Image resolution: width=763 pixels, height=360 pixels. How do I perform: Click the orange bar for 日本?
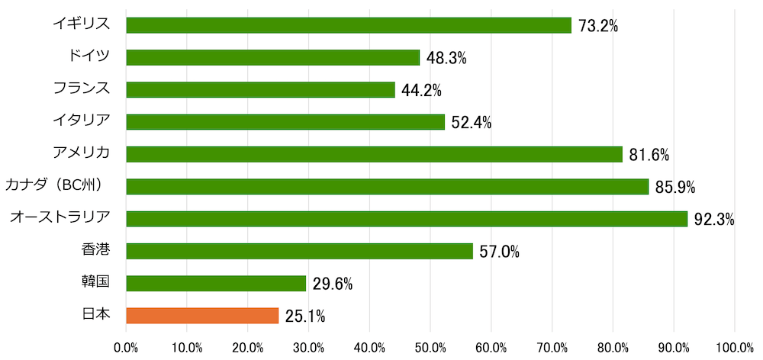(202, 315)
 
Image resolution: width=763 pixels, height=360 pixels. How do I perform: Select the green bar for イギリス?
(349, 25)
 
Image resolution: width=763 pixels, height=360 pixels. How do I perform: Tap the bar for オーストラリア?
(407, 219)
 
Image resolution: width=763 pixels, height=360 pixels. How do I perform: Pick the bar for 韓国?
(216, 284)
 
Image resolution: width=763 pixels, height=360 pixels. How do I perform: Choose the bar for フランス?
(260, 90)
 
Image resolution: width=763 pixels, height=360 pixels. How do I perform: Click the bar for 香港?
(299, 251)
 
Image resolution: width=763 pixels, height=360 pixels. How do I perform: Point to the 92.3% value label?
(714, 220)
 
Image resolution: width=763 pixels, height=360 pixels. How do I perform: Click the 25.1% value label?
(306, 316)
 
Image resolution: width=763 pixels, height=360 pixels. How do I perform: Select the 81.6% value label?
(649, 155)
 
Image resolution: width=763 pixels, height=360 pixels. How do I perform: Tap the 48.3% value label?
(446, 58)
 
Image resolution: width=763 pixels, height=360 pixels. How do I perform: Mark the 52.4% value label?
(471, 123)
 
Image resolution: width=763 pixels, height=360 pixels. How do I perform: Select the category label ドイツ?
(89, 56)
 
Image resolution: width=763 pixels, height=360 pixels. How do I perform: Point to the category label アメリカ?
(81, 153)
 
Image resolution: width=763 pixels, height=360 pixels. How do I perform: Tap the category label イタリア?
(81, 121)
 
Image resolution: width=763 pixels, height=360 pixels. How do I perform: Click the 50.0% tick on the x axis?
(430, 348)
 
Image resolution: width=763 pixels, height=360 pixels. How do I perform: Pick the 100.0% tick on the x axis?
(735, 348)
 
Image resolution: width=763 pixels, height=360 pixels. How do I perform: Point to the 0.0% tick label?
(126, 348)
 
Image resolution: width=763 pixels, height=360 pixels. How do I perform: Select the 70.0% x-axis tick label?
(552, 348)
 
